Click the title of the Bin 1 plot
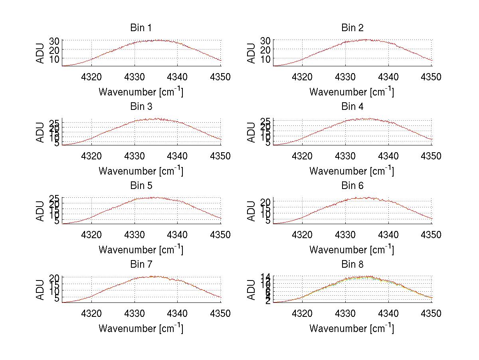point(141,28)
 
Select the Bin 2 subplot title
point(352,28)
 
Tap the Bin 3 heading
point(141,107)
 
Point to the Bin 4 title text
point(352,107)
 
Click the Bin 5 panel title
point(141,185)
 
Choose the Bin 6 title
point(352,185)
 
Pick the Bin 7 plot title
point(141,264)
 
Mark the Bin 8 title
point(352,264)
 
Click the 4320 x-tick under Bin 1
point(92,77)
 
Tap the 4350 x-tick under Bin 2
point(431,77)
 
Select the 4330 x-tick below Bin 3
point(135,156)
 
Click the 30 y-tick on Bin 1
point(54,41)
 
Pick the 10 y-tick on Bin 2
point(265,58)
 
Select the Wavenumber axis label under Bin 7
point(141,328)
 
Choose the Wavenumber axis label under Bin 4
point(352,171)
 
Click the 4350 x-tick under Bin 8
point(431,314)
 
